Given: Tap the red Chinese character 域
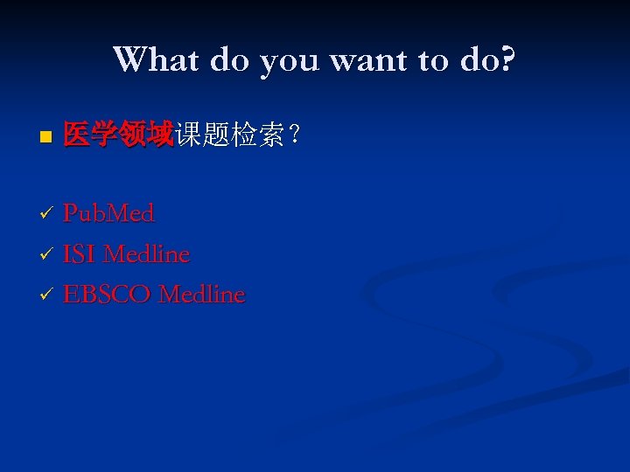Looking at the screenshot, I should click(x=159, y=135).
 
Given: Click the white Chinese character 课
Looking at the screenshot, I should click(x=187, y=135).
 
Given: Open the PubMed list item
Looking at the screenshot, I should click(x=108, y=213).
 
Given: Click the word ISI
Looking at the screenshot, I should click(x=80, y=254).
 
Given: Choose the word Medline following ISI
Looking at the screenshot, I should click(x=146, y=254).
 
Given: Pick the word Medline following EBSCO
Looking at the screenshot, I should click(x=202, y=295).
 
